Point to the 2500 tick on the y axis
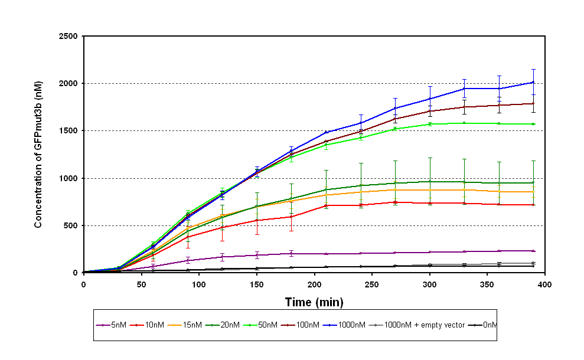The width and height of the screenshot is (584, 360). [x=68, y=36]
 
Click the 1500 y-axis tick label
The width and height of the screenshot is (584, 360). [x=68, y=131]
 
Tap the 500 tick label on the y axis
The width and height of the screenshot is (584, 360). [x=72, y=226]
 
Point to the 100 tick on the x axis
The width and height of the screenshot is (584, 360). [x=199, y=284]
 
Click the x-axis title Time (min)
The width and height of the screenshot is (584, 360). [x=314, y=302]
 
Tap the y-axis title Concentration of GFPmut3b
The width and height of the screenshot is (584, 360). [x=38, y=155]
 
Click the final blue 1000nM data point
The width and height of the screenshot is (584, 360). [x=533, y=82]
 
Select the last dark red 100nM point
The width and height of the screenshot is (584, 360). [x=533, y=103]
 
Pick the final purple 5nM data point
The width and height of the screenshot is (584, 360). [x=533, y=251]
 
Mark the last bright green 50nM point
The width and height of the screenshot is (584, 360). [x=533, y=124]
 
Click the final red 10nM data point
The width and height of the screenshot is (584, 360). [x=533, y=205]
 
